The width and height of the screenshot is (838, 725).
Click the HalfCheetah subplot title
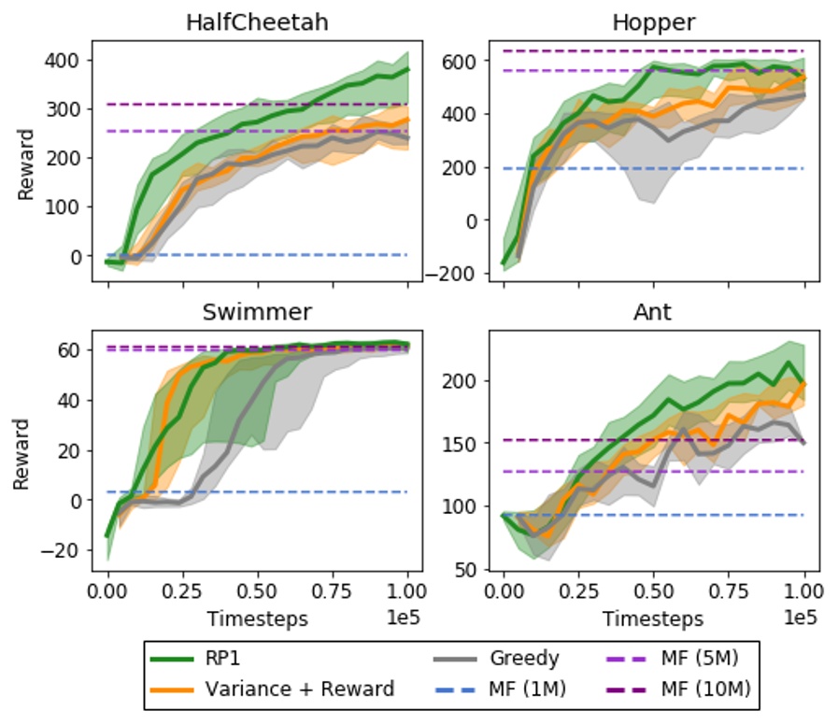point(257,22)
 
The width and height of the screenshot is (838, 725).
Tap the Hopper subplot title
point(654,22)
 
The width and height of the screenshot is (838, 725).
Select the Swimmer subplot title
point(257,311)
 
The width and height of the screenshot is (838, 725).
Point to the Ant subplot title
point(654,311)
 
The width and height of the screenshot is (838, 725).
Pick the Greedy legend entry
point(524,659)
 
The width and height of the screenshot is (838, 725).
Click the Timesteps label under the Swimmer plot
point(257,618)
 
